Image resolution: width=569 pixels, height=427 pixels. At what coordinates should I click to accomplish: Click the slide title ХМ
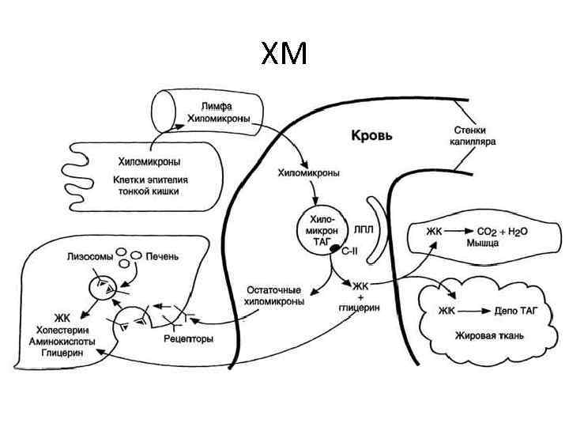[x=284, y=55]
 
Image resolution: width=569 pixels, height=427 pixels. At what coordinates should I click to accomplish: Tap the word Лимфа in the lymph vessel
[x=216, y=105]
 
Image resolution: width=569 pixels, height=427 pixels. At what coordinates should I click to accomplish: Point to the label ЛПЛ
[x=363, y=229]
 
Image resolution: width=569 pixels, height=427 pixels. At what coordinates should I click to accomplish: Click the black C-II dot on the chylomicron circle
[x=334, y=249]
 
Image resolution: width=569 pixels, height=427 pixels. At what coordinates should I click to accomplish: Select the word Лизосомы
[x=88, y=256]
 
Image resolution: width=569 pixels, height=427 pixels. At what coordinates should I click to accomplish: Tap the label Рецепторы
[x=188, y=338]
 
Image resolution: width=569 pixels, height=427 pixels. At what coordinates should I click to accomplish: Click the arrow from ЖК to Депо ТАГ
[x=471, y=311]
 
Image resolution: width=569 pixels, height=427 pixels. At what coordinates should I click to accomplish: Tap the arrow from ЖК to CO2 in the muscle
[x=458, y=231]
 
